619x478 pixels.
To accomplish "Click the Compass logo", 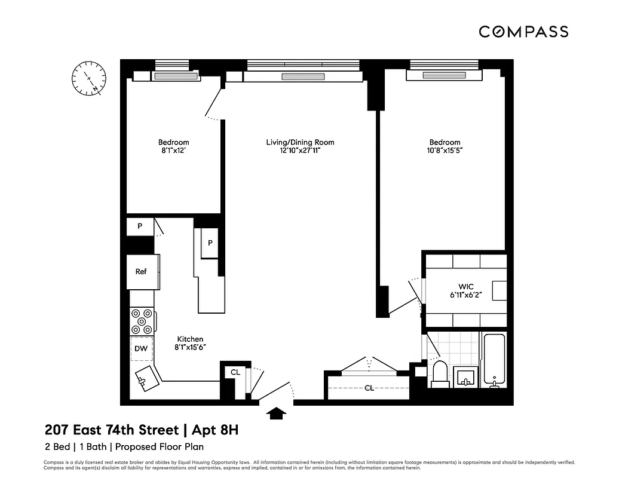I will [x=523, y=32].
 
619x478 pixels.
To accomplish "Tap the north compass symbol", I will [x=88, y=79].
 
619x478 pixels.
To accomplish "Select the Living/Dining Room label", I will [x=300, y=142].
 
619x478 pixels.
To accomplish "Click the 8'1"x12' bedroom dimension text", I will [x=173, y=151].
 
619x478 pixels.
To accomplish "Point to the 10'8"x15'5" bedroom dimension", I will [x=445, y=151].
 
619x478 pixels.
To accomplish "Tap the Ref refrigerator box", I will [x=141, y=272].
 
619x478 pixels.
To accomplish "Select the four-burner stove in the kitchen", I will [x=142, y=321].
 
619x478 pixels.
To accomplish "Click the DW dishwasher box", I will [x=141, y=348].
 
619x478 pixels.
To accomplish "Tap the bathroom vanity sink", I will [x=466, y=377].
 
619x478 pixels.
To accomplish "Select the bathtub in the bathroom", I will [x=494, y=361].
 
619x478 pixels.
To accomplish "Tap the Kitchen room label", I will [x=190, y=339].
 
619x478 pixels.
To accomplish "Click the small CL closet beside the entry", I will [x=235, y=372].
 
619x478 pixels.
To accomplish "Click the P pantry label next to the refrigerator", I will [x=140, y=226].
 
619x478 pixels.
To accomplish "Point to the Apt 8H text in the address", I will [x=216, y=430].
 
